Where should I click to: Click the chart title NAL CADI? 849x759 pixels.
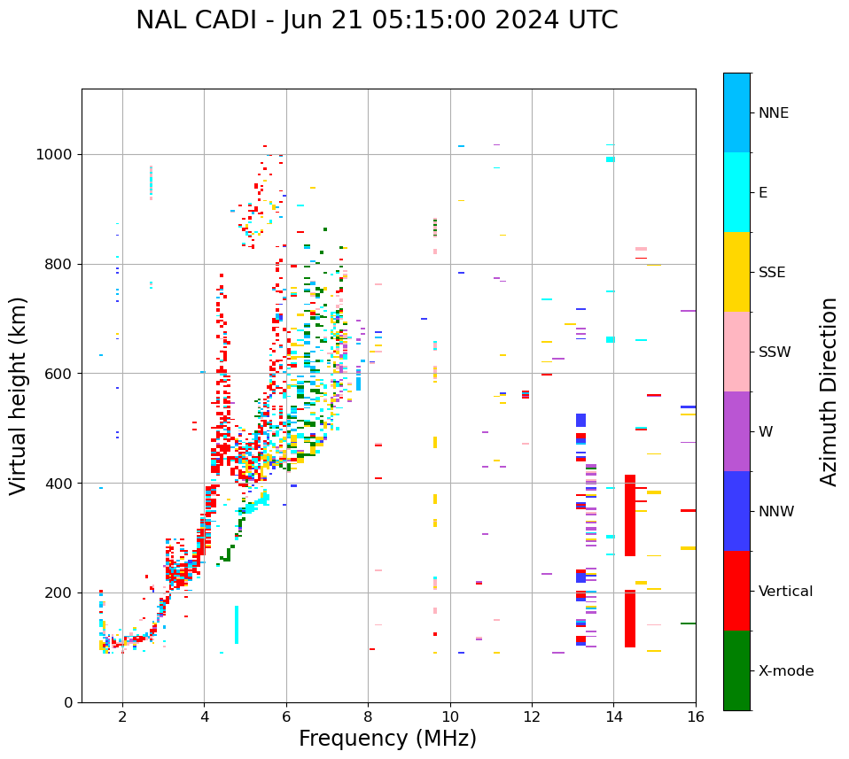pos(377,20)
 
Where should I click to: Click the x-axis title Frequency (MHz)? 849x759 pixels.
pos(387,739)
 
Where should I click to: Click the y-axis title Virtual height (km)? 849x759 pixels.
pos(19,396)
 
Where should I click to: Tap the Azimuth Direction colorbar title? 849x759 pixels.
pos(829,391)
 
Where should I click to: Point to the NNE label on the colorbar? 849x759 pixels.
pos(773,113)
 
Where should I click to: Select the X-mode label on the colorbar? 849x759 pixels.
pos(785,671)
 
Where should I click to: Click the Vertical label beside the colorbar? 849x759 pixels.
pos(785,592)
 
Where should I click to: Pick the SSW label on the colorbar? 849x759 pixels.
pos(774,352)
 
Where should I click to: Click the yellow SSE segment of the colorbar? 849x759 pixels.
pos(736,272)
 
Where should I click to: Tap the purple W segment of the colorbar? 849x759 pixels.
pos(736,431)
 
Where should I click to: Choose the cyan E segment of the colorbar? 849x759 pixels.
pos(736,192)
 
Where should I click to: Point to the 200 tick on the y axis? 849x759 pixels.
pos(60,592)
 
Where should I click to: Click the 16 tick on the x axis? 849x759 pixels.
pos(695,716)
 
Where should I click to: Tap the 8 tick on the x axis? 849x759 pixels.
pos(368,716)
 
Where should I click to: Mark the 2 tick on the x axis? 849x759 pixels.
pos(122,716)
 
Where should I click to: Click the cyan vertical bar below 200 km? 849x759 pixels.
pos(237,624)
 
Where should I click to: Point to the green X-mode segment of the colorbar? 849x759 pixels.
pos(736,670)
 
